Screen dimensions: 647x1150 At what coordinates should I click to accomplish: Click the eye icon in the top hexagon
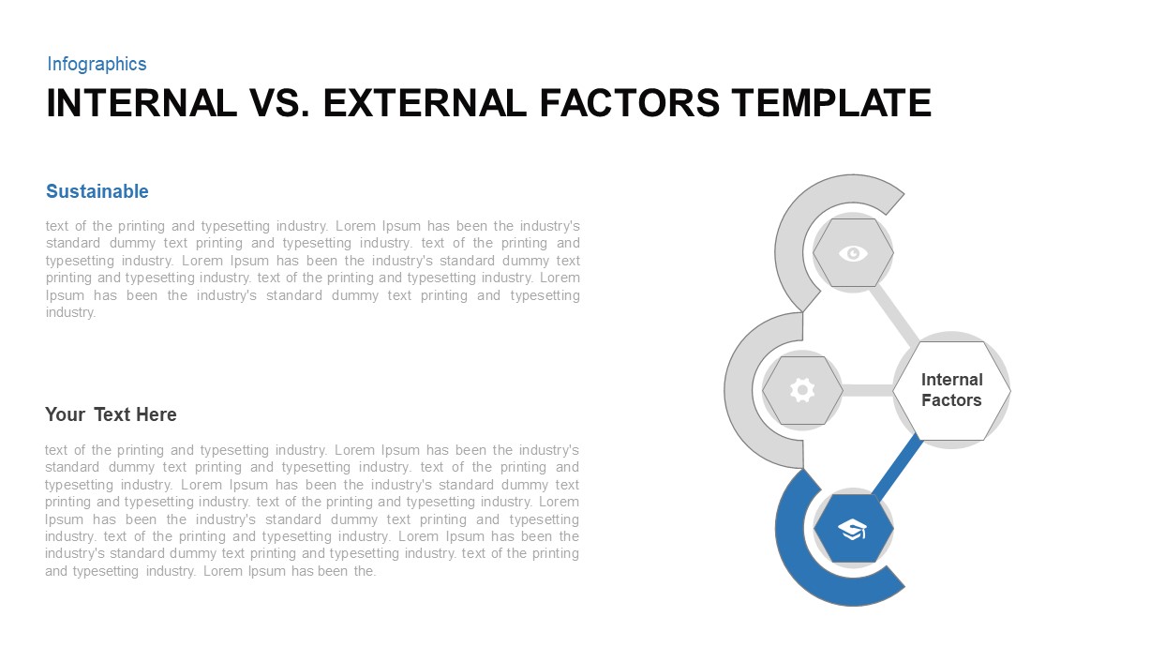point(853,253)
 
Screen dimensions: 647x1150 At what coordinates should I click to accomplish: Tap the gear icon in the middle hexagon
point(802,390)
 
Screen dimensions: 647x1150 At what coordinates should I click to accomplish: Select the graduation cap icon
point(853,530)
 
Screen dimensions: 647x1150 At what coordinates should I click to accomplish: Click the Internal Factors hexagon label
point(951,390)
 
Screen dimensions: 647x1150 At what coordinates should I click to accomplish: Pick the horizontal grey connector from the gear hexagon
point(867,390)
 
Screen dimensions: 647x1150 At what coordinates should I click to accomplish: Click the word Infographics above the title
point(97,64)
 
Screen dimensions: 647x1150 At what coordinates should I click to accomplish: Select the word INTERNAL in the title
point(142,103)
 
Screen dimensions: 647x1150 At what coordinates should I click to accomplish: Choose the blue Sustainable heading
point(97,191)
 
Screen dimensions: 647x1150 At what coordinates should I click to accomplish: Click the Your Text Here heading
point(111,414)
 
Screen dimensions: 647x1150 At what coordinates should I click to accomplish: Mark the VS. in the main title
point(280,103)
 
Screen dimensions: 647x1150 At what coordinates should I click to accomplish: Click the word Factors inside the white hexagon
point(951,400)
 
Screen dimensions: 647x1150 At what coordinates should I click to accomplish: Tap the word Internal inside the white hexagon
point(951,380)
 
